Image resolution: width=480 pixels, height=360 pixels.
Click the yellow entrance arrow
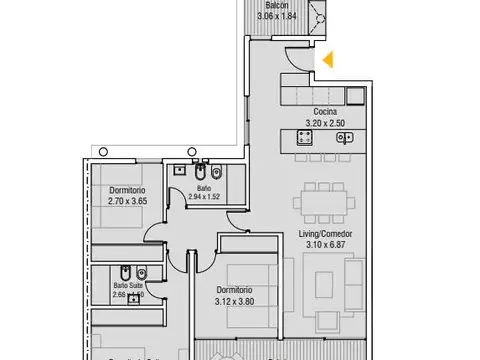pyautogui.click(x=326, y=61)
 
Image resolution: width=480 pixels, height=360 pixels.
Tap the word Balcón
pyautogui.click(x=279, y=5)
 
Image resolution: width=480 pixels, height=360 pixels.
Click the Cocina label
pyautogui.click(x=323, y=112)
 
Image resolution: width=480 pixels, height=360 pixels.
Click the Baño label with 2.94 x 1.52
pyautogui.click(x=203, y=187)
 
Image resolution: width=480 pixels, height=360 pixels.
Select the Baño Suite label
pyautogui.click(x=127, y=285)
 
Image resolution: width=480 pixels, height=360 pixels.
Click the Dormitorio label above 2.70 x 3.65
pyautogui.click(x=127, y=189)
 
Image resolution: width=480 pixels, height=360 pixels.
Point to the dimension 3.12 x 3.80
pyautogui.click(x=237, y=303)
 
